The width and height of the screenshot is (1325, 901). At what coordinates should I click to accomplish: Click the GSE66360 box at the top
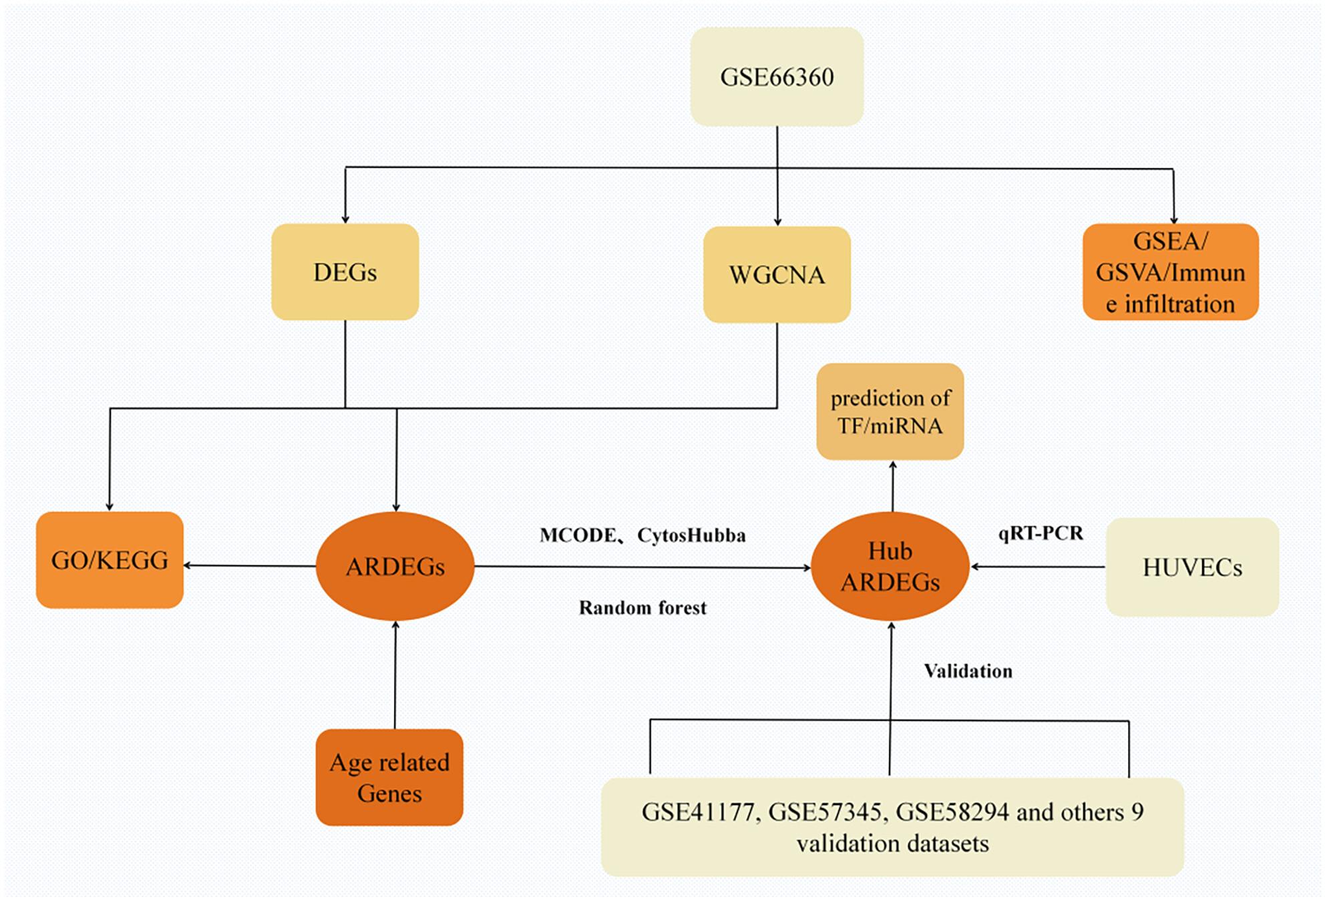point(777,76)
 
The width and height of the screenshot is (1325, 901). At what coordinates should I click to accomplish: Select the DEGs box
point(345,272)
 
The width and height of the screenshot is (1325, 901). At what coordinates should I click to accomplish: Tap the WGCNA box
point(777,274)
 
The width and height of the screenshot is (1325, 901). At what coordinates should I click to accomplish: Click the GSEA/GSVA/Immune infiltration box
point(1171,272)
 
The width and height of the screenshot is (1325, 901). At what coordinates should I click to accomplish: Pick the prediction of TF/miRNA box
point(890,411)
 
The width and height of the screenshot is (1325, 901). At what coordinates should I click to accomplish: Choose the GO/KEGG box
point(110,560)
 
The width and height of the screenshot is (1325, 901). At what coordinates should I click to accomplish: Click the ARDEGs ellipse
point(395,566)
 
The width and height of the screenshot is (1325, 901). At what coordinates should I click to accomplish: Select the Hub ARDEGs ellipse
point(890,566)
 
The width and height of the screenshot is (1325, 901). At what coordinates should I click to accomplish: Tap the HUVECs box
point(1192,567)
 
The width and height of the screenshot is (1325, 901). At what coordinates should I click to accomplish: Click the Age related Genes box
point(389,778)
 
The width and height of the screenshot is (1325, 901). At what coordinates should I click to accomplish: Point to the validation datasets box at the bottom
point(892,827)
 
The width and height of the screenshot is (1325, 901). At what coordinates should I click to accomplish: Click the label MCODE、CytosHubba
point(642,535)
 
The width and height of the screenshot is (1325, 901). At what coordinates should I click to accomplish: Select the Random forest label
point(642,607)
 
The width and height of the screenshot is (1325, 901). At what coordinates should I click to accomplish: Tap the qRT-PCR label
point(1040,533)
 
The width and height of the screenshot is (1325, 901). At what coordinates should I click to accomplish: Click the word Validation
point(968,671)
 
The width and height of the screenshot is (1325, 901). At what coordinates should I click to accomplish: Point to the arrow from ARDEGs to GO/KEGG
point(250,566)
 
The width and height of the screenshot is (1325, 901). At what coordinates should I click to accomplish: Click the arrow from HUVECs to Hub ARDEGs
point(1038,567)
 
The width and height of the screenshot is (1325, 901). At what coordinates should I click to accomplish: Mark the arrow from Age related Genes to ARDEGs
point(395,675)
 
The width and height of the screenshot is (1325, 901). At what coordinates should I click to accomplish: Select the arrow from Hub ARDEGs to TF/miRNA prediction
point(893,486)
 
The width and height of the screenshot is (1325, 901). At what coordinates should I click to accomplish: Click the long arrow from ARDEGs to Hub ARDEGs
point(642,567)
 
